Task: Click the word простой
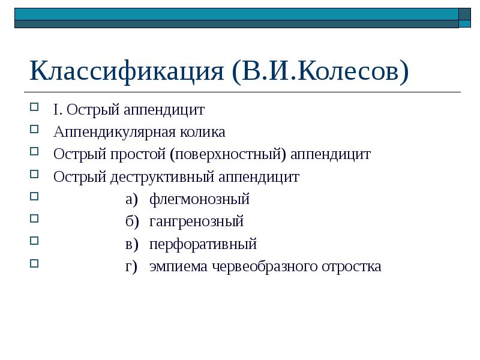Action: pyautogui.click(x=139, y=155)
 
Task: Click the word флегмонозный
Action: pyautogui.click(x=199, y=199)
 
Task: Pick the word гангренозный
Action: pyautogui.click(x=196, y=221)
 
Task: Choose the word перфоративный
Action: pyautogui.click(x=203, y=244)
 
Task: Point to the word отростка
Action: pyautogui.click(x=354, y=266)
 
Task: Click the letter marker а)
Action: pyautogui.click(x=131, y=199)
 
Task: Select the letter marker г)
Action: pyautogui.click(x=131, y=266)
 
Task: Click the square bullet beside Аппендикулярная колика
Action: pyautogui.click(x=34, y=130)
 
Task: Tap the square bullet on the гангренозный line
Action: pyautogui.click(x=34, y=219)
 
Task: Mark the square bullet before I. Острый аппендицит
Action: pyautogui.click(x=34, y=107)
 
